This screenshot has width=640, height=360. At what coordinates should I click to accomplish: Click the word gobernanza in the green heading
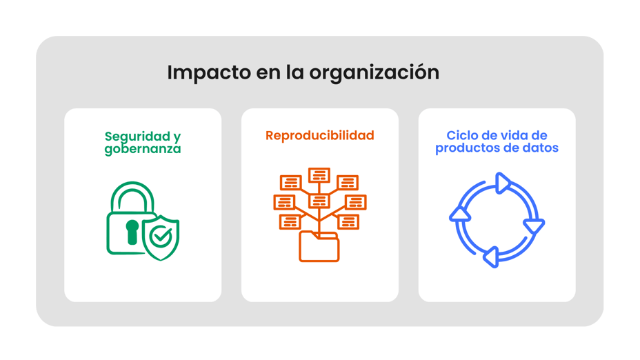[x=143, y=149]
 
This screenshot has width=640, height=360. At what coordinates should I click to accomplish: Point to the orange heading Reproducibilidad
[x=319, y=135]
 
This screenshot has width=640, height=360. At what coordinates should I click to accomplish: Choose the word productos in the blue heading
[x=465, y=148]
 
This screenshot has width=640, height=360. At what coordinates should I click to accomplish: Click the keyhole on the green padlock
[x=132, y=231]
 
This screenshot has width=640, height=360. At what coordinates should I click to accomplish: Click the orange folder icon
[x=319, y=246]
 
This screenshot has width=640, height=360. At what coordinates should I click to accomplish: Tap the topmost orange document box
[x=319, y=175]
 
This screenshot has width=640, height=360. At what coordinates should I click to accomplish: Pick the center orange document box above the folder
[x=319, y=201]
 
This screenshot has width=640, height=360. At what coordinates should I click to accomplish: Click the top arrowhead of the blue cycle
[x=503, y=183]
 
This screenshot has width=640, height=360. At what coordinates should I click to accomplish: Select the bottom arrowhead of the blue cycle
[x=490, y=257]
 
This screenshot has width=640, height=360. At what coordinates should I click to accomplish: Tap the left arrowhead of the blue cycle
[x=460, y=214]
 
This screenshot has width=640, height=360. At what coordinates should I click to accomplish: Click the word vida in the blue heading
[x=510, y=135]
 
